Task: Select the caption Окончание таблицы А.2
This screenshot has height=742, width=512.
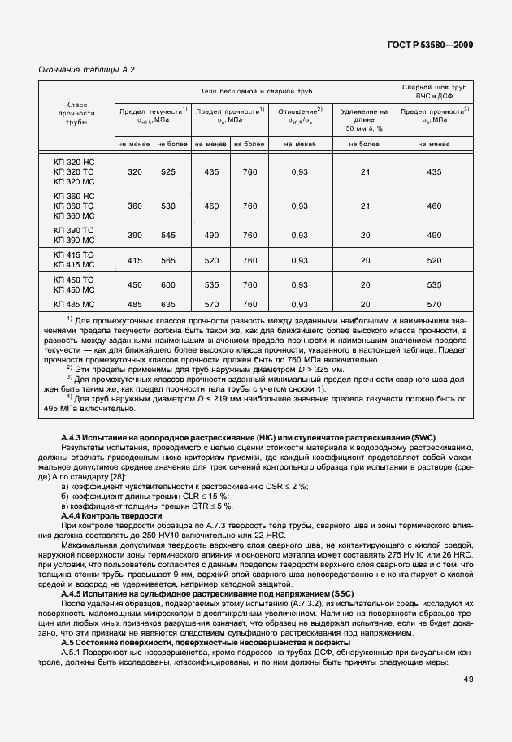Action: [x=87, y=70]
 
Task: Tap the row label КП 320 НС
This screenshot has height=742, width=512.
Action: [x=74, y=161]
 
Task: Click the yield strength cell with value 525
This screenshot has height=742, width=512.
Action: [x=168, y=171]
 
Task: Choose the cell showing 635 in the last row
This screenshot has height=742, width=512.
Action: [x=168, y=304]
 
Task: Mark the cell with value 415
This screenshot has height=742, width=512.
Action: [x=134, y=260]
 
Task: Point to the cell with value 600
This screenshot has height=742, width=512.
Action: [x=168, y=284]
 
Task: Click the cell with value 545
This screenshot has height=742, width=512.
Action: [x=168, y=235]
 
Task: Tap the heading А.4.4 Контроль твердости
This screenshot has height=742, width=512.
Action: [x=112, y=516]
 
